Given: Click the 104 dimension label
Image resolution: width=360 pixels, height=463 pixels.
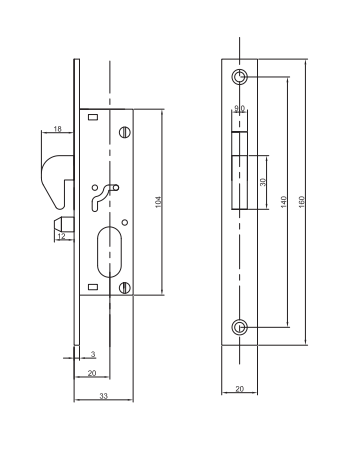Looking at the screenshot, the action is click(x=159, y=202).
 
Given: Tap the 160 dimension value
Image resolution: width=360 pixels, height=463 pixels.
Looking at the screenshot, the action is click(x=302, y=202).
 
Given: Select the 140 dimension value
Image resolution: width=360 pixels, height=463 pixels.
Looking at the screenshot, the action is click(x=284, y=202).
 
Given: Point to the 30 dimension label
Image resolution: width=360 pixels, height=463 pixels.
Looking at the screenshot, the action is click(x=263, y=182).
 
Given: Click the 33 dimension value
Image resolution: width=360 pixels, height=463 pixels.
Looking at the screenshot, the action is click(x=104, y=396).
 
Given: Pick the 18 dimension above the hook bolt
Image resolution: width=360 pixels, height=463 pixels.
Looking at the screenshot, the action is click(x=58, y=129).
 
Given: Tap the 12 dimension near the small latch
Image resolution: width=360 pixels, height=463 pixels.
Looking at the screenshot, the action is click(x=62, y=236).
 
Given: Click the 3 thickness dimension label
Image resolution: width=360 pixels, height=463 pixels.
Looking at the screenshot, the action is click(x=93, y=354).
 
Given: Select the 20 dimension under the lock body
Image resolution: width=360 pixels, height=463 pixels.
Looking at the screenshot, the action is click(x=92, y=373).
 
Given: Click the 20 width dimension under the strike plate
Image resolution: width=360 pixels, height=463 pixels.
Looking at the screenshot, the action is click(x=240, y=389).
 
